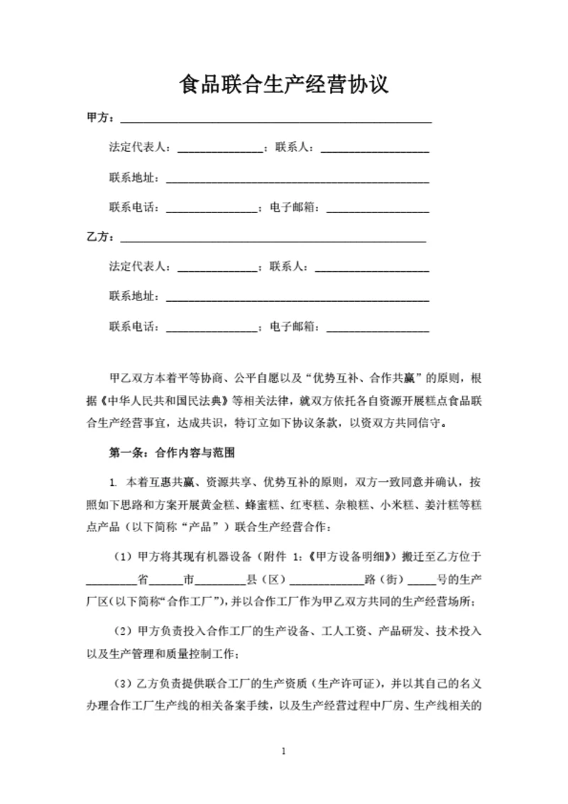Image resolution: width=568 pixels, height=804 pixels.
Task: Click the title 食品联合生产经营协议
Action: coord(283,85)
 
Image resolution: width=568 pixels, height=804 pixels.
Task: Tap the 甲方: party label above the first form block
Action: coord(100,118)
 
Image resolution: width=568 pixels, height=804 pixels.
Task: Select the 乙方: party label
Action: coord(100,237)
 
